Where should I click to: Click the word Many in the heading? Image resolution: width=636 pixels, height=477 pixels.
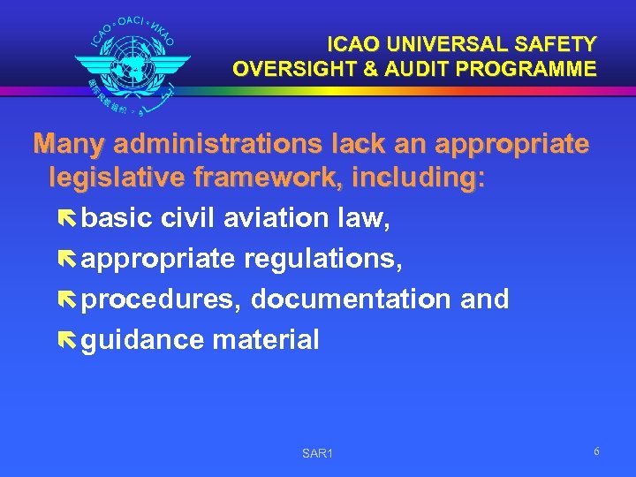pos(68,144)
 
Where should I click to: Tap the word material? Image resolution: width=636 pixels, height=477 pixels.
pos(266,340)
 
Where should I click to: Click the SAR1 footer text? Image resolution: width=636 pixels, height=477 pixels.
pos(316,454)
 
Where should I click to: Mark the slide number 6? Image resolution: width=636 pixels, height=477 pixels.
pos(597,451)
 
